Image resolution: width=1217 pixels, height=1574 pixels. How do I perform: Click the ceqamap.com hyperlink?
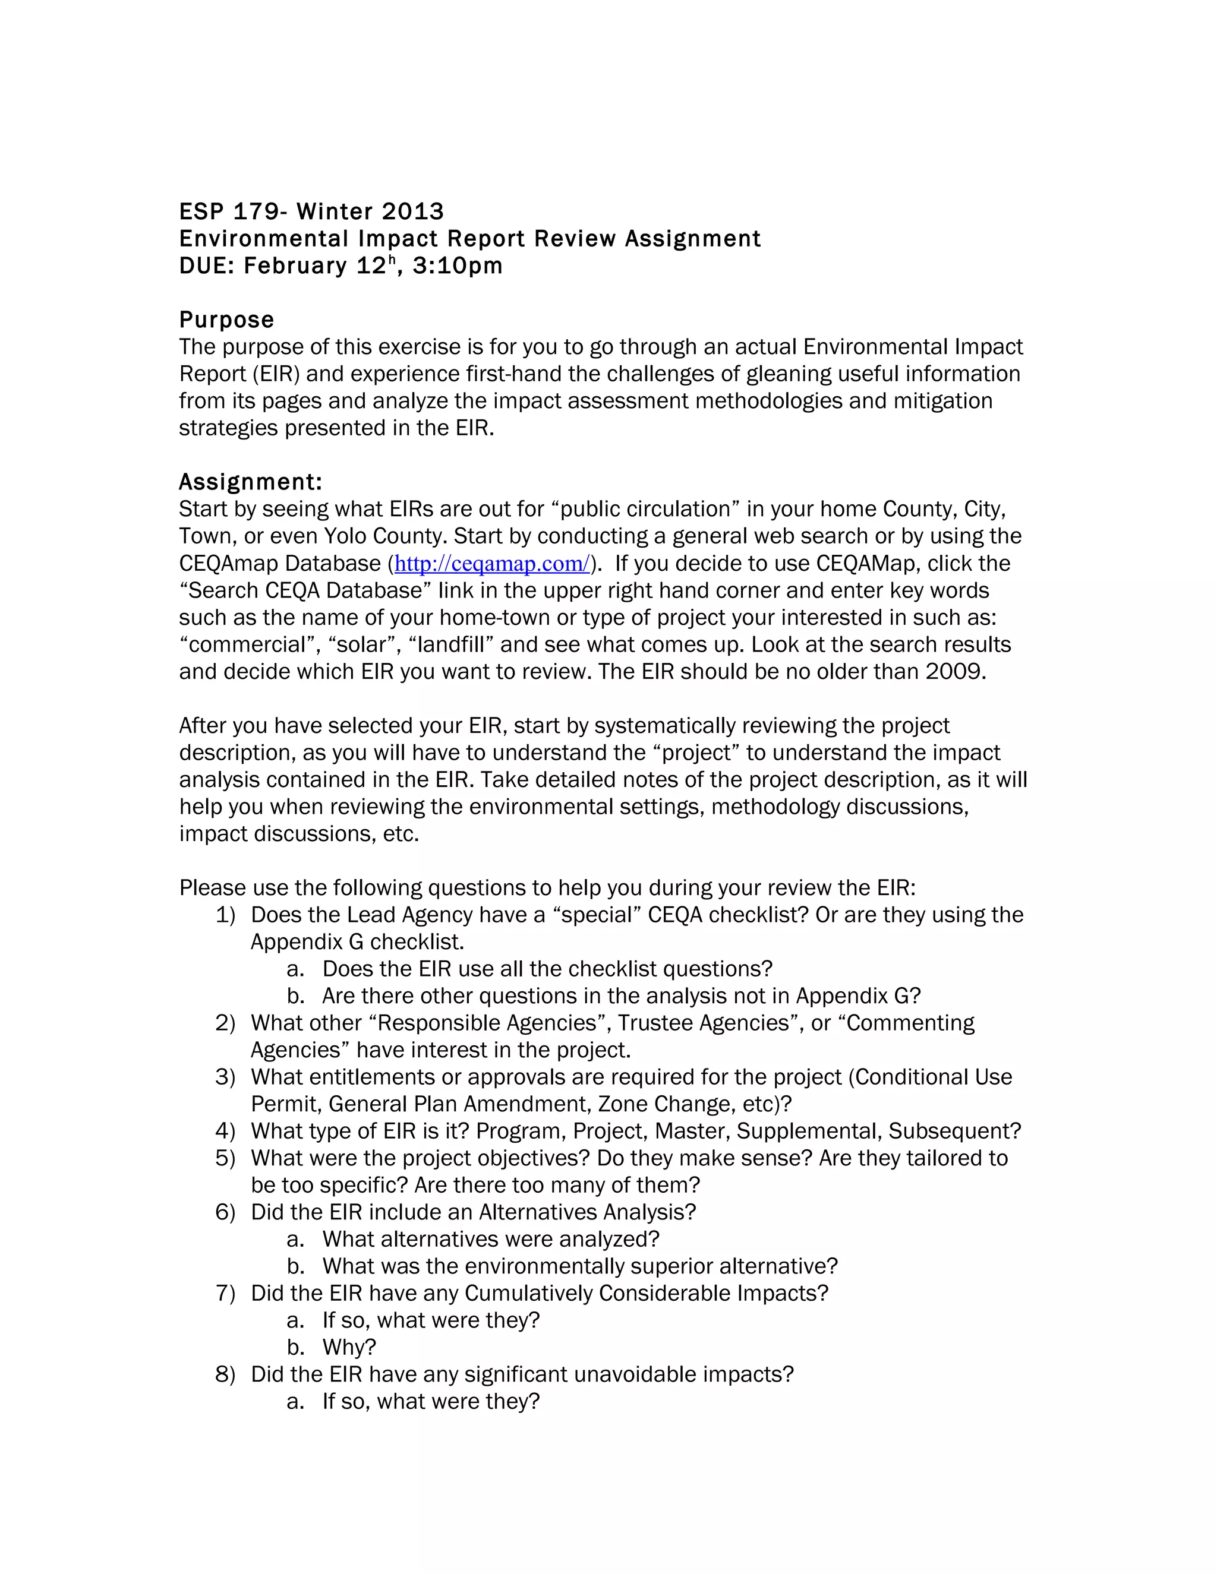[491, 564]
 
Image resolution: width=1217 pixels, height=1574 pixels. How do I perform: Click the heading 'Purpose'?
[226, 320]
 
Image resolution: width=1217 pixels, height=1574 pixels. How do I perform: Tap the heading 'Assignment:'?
[250, 482]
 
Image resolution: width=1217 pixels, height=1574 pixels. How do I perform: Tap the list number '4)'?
[225, 1131]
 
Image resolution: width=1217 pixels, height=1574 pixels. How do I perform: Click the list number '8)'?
[225, 1374]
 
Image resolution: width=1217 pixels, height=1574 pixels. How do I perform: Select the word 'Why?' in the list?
[349, 1347]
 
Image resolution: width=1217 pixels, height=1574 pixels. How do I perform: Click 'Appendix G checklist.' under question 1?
[357, 942]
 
